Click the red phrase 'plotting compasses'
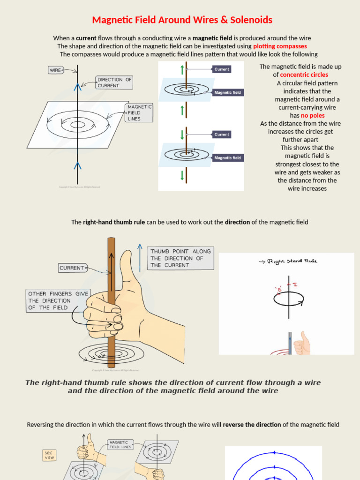(x=280, y=46)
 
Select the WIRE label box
(x=56, y=70)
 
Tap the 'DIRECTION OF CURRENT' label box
(x=114, y=82)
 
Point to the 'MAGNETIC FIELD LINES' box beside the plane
(x=140, y=112)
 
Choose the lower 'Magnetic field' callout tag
(x=227, y=158)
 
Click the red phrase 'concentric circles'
(x=304, y=75)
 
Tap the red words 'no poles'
(x=313, y=115)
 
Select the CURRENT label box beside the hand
(x=72, y=268)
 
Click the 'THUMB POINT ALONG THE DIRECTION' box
(x=180, y=258)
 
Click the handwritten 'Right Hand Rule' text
(x=291, y=261)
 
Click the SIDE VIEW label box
(x=49, y=456)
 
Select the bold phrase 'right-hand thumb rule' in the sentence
(x=114, y=222)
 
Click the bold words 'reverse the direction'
(x=252, y=425)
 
